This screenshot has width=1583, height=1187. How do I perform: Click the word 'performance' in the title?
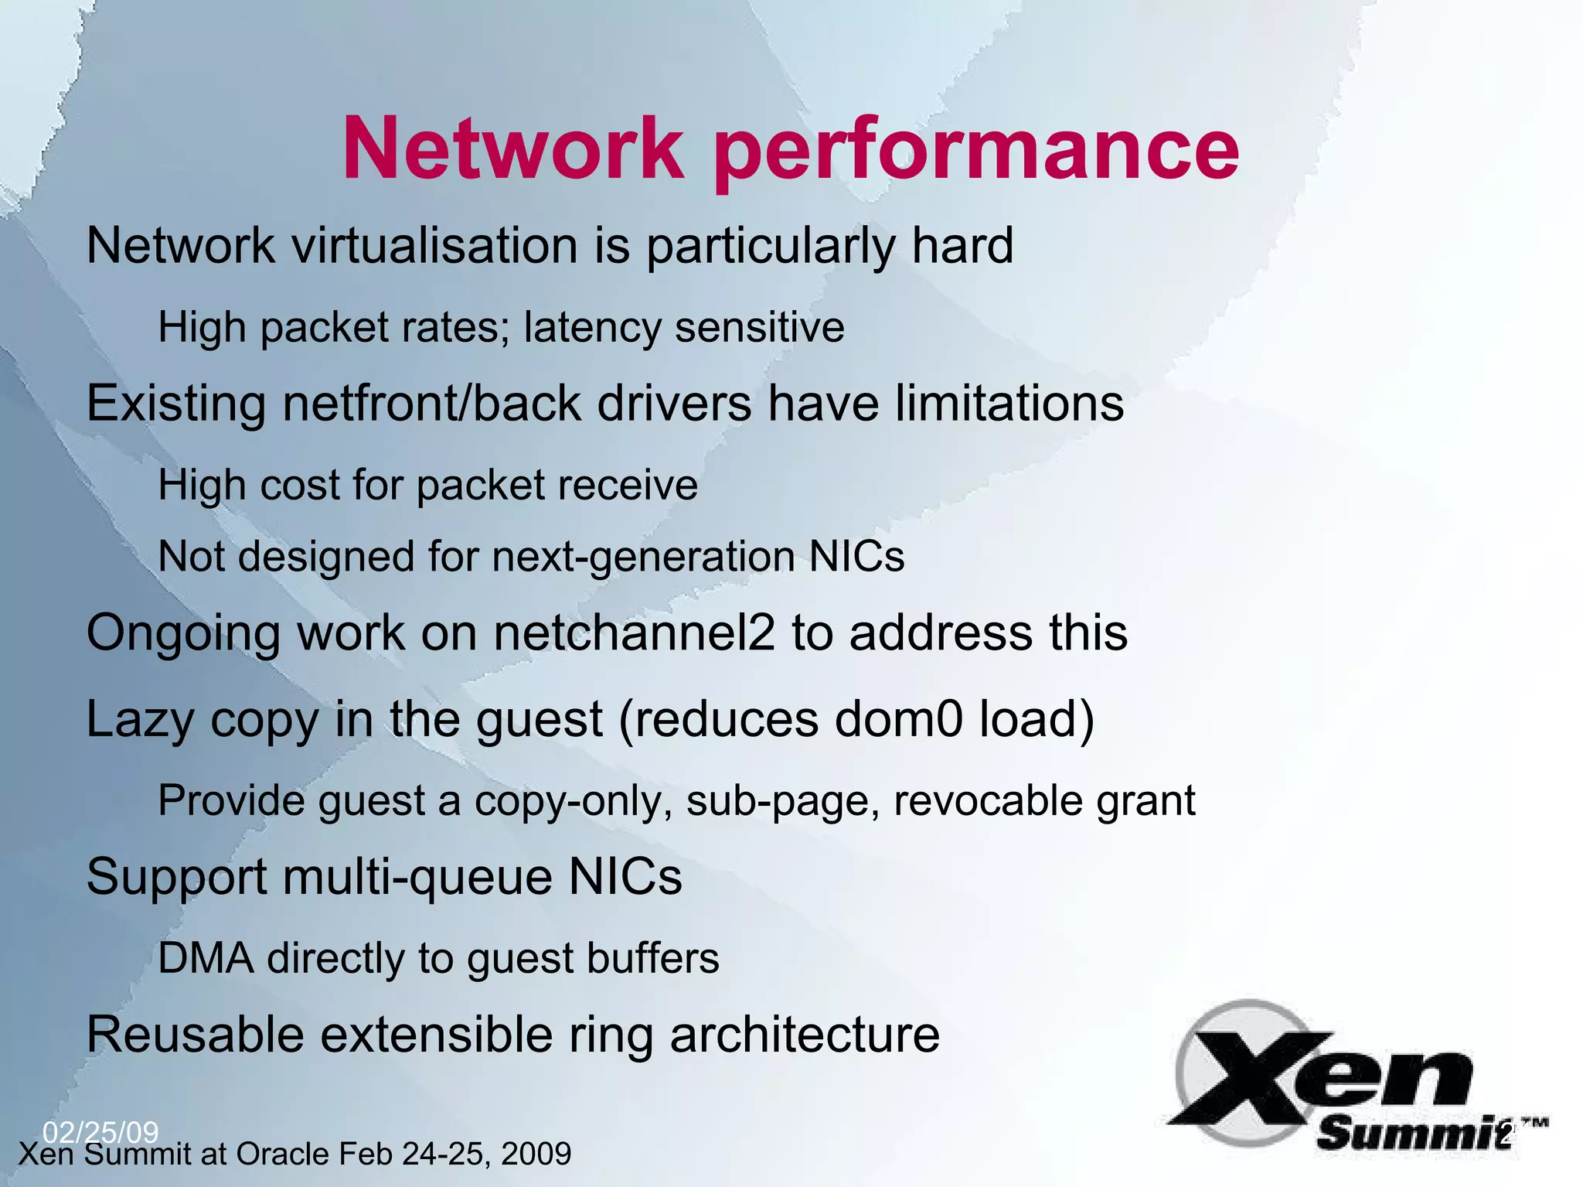[x=975, y=149]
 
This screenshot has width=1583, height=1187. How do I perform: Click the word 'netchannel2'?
[x=634, y=633]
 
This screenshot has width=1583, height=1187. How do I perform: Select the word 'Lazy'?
[x=140, y=720]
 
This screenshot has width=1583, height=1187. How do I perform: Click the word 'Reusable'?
[x=196, y=1035]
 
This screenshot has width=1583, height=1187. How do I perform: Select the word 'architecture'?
[x=805, y=1035]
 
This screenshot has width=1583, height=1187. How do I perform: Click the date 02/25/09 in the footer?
[x=100, y=1132]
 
